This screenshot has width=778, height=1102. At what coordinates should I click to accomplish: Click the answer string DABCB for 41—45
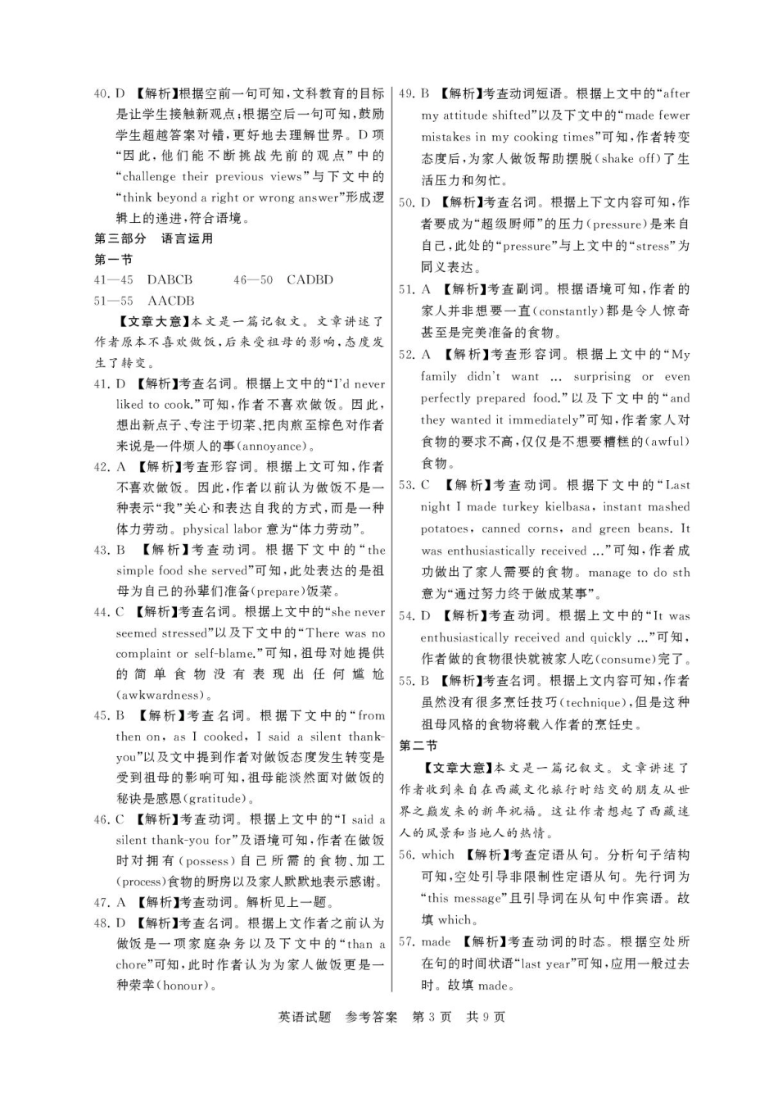(x=170, y=279)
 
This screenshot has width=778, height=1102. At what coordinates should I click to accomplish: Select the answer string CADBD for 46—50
(x=310, y=279)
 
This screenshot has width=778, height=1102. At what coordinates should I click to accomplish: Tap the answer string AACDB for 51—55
(x=170, y=301)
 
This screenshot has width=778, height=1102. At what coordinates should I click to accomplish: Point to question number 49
(x=406, y=93)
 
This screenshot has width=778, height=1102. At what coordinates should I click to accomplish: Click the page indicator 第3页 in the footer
(x=432, y=1017)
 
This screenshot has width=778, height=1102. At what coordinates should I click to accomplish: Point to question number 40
(x=102, y=93)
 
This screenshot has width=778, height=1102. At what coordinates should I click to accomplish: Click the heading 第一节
(x=114, y=259)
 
